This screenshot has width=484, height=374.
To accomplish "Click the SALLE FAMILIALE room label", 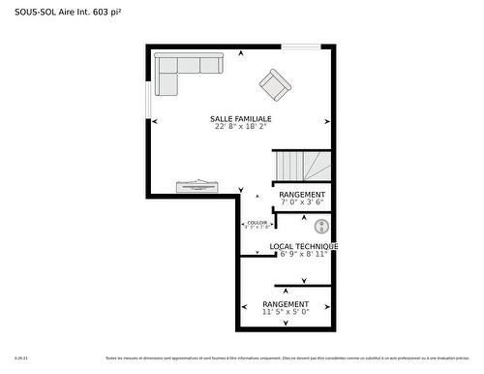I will point(240,119).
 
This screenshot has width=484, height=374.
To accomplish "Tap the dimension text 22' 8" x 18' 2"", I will point(240,127).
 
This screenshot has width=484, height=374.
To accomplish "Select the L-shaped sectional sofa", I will point(184,71).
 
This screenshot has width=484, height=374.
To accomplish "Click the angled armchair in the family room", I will point(275,84).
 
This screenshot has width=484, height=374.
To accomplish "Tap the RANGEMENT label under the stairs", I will point(302,195).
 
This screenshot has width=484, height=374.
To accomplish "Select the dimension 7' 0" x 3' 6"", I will point(302,203).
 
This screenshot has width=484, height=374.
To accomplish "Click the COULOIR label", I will point(257,222).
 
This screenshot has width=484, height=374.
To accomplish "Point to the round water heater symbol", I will point(322,226).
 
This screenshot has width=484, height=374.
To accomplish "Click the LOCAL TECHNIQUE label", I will point(303,246).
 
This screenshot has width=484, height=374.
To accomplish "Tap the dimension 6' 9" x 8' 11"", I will point(303,254).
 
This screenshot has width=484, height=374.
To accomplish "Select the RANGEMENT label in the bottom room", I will point(286,304).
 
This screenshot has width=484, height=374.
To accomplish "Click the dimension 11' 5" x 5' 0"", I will point(286,312).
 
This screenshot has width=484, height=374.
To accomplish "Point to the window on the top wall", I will point(301,46).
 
